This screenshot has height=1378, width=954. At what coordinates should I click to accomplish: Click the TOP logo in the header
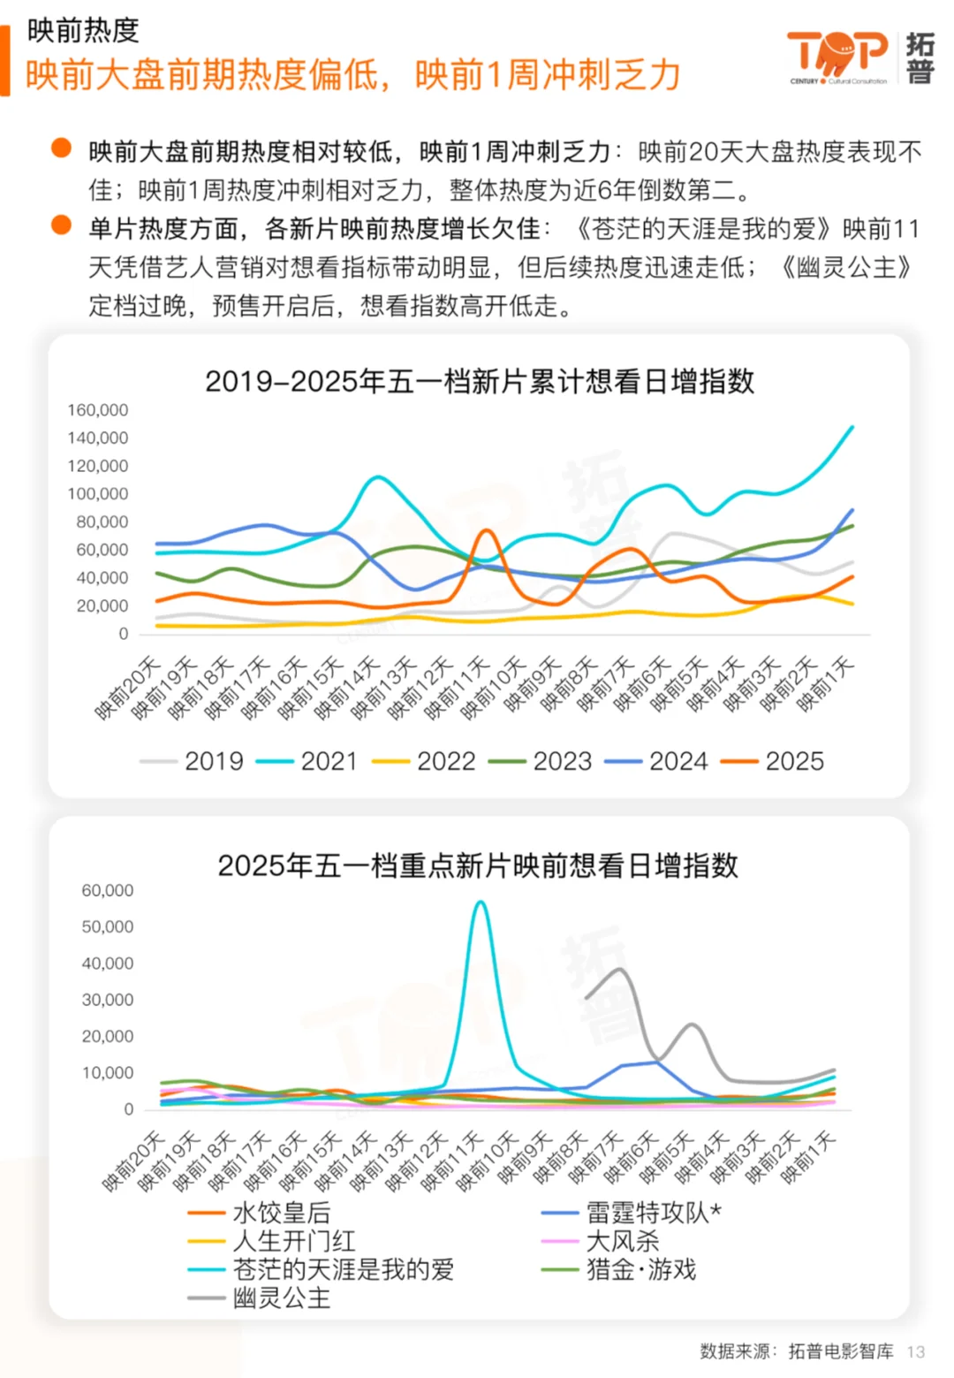click(x=837, y=55)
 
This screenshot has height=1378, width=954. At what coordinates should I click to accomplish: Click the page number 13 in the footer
click(x=916, y=1351)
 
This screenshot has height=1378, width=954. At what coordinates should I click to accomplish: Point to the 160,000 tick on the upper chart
click(x=97, y=410)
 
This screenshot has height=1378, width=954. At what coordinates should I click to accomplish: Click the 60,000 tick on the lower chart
click(x=107, y=890)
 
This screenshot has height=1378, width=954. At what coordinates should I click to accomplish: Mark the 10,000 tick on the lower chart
click(x=107, y=1072)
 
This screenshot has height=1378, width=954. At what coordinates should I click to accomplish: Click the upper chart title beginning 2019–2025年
click(x=480, y=381)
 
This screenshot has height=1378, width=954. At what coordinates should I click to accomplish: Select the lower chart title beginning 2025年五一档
click(x=478, y=864)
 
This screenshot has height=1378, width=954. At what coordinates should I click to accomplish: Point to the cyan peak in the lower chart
click(x=480, y=902)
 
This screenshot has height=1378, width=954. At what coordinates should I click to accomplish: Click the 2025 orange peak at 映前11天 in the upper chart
click(x=486, y=530)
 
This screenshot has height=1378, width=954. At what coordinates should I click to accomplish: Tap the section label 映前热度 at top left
click(x=83, y=31)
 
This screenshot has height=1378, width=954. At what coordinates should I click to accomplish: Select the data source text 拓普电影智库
click(x=840, y=1351)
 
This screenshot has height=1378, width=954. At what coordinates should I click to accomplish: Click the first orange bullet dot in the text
click(x=61, y=148)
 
